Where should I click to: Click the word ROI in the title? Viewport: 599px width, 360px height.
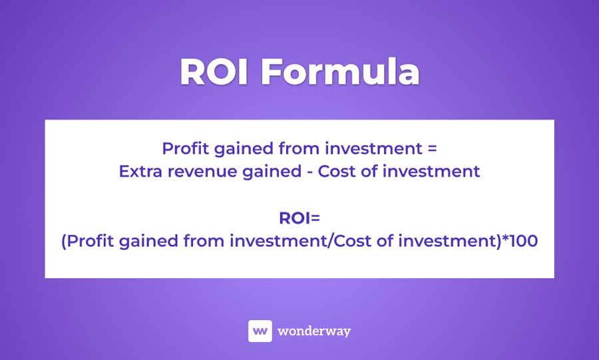tap(215, 73)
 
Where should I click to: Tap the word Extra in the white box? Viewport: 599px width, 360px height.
tap(140, 171)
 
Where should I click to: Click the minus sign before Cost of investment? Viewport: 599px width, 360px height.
tap(309, 172)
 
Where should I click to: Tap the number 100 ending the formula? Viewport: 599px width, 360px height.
tap(523, 241)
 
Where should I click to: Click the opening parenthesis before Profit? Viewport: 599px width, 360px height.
tap(64, 242)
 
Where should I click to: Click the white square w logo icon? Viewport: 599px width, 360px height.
tap(260, 331)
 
